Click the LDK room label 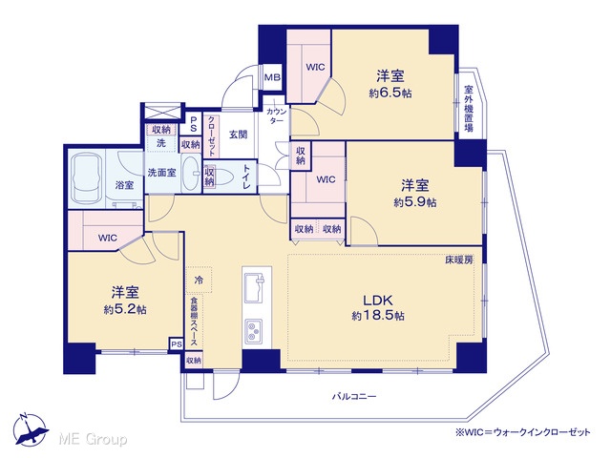pos(378,300)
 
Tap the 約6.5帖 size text pos(390,94)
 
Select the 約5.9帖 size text pos(415,202)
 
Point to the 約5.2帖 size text pos(125,309)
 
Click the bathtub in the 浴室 pos(87,178)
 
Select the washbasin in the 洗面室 pos(191,173)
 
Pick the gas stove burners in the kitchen pos(254,331)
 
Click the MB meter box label pos(272,77)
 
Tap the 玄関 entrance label pos(238,135)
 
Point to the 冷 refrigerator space pos(199,280)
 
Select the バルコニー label pos(354,397)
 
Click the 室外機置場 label pos(469,109)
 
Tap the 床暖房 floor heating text pos(459,260)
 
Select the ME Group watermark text pos(93,439)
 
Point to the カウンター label pos(277,116)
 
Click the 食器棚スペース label pos(194,322)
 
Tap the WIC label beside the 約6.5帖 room pos(315,67)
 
